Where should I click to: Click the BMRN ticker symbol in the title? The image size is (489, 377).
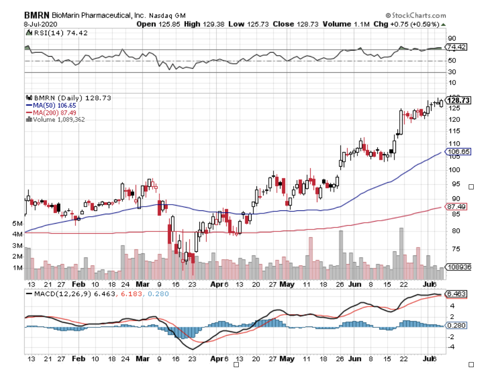(35, 16)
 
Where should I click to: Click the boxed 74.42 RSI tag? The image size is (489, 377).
(457, 47)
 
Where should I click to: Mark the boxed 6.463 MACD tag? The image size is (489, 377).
(457, 294)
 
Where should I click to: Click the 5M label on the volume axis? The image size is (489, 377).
(17, 224)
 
